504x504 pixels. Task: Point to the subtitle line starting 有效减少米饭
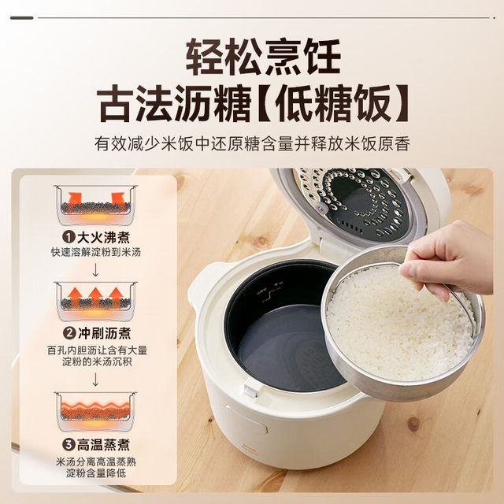click(x=252, y=145)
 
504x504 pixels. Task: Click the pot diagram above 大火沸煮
click(x=94, y=203)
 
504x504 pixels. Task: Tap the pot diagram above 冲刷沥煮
click(x=94, y=300)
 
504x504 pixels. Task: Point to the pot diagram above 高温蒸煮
click(x=94, y=409)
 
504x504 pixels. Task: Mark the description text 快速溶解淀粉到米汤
click(x=94, y=252)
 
